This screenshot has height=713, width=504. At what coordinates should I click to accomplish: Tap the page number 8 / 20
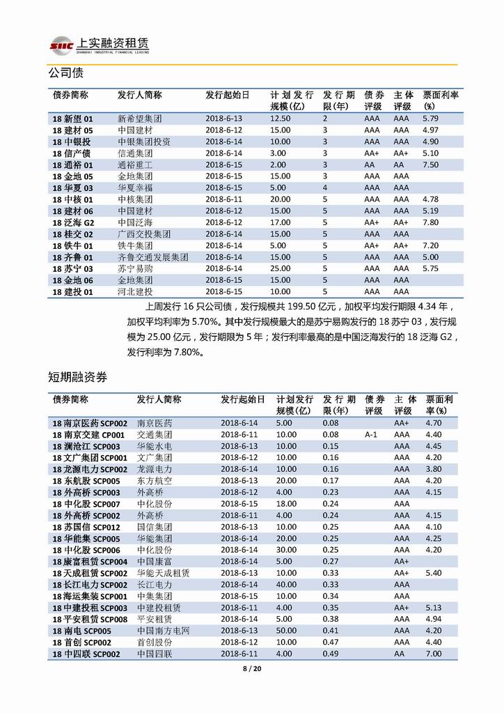click(251, 670)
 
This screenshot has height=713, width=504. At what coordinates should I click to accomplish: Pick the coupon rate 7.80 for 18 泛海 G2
click(430, 222)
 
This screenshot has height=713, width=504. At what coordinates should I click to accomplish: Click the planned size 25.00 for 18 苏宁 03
click(281, 268)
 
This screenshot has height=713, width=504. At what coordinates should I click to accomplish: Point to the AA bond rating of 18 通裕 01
click(370, 164)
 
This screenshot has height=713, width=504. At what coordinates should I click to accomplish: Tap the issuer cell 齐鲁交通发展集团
click(153, 256)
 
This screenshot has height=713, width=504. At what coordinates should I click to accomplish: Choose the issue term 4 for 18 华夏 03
click(324, 187)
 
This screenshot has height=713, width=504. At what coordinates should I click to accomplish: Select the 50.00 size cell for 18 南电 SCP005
click(286, 630)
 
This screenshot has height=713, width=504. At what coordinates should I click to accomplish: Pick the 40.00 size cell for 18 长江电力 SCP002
click(286, 584)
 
